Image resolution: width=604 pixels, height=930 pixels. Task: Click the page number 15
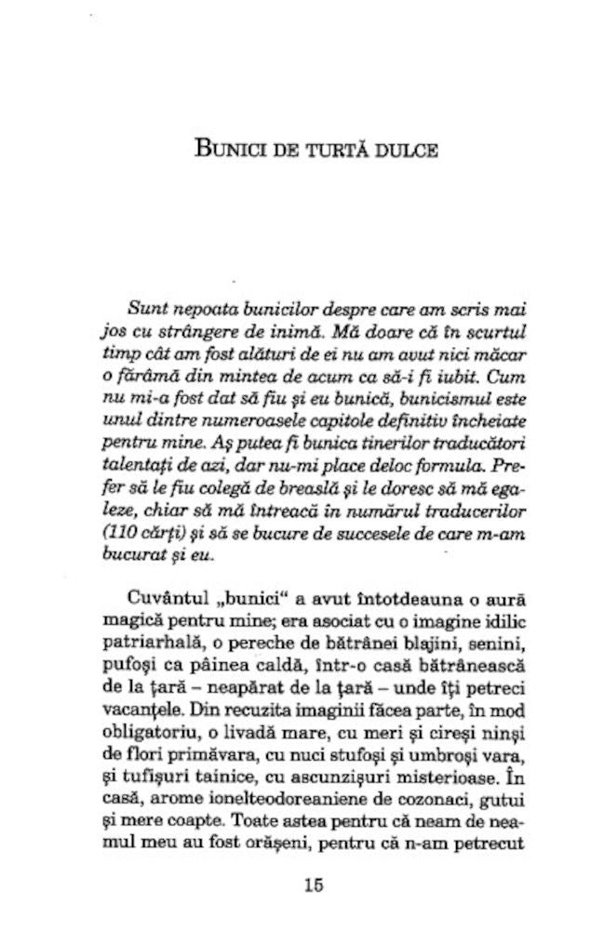click(x=314, y=885)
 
